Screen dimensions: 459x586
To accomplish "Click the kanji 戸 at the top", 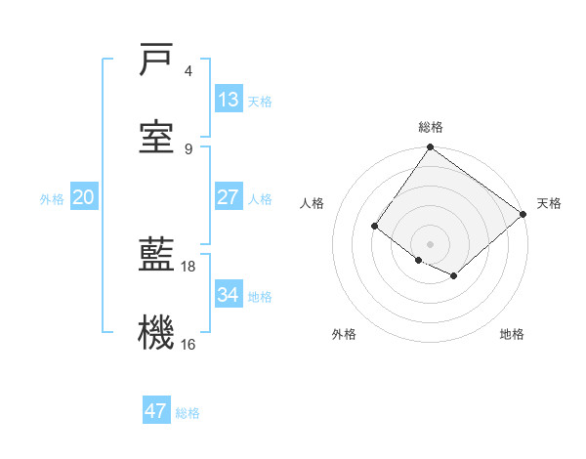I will tap(156, 61).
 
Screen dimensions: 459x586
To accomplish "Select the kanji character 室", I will tap(156, 138).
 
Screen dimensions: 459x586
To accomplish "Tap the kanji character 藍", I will tap(156, 255).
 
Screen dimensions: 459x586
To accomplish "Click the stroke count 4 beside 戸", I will tap(188, 71).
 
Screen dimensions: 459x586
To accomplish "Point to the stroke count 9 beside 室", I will tap(188, 148).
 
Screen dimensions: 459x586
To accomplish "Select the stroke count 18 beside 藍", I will tap(188, 266).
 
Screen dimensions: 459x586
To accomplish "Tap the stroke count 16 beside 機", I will tap(188, 344).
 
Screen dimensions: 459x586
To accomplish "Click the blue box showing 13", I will tap(229, 99).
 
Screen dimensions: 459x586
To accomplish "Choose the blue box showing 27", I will tap(229, 197).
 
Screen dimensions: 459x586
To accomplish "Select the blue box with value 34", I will tap(229, 294).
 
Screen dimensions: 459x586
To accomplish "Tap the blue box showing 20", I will tap(83, 197).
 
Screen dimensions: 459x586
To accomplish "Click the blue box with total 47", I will tap(156, 411).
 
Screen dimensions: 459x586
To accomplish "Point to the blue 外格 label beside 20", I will tap(52, 198).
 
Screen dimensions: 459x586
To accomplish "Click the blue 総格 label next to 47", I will tap(188, 413).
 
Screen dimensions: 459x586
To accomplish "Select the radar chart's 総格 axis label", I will tap(431, 127).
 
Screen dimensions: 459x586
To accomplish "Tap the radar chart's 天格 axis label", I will tap(549, 203).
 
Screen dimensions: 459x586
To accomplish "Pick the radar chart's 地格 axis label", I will tap(512, 334).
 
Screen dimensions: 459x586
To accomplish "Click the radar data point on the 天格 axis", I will tap(523, 215).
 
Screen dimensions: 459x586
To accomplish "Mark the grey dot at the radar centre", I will tap(430, 243).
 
